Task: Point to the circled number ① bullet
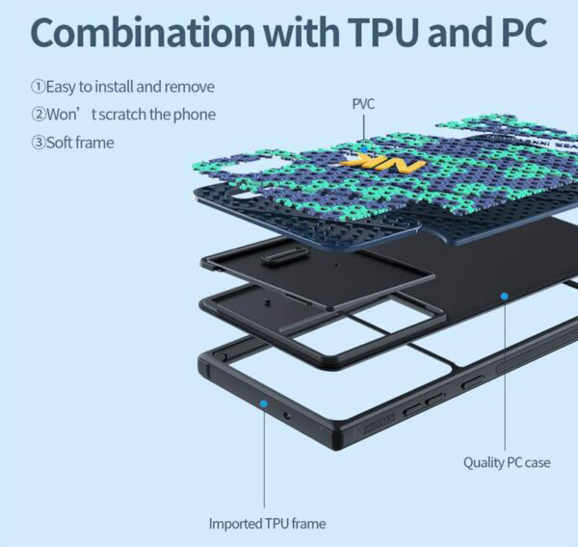pyautogui.click(x=38, y=87)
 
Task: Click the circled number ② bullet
pyautogui.click(x=38, y=115)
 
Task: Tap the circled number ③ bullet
pyautogui.click(x=38, y=143)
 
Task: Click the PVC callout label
pyautogui.click(x=363, y=103)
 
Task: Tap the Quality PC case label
pyautogui.click(x=507, y=462)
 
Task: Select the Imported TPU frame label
pyautogui.click(x=267, y=524)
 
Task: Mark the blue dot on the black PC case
pyautogui.click(x=502, y=297)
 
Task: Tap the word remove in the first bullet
pyautogui.click(x=191, y=87)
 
